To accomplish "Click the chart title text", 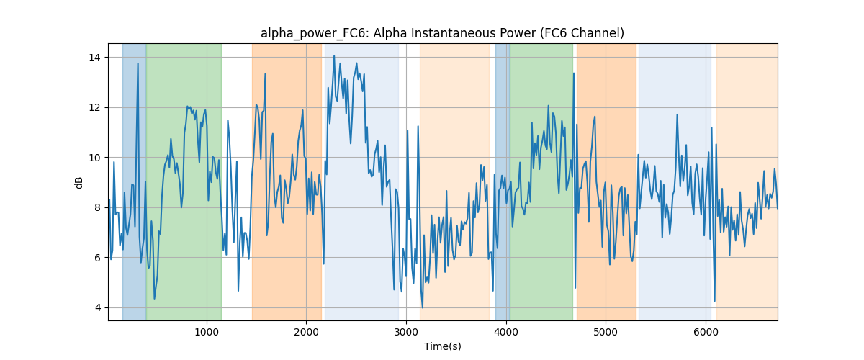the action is [x=442, y=33].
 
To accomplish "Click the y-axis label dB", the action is [x=78, y=183].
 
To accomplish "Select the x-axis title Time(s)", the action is [x=442, y=346].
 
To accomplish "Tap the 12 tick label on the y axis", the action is [x=94, y=108].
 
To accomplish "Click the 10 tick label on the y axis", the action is [x=94, y=158].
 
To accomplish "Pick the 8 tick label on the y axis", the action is [x=98, y=207].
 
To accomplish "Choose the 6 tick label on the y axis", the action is [x=98, y=258].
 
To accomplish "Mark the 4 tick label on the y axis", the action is [x=98, y=308].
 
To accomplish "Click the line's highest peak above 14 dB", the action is [x=334, y=56].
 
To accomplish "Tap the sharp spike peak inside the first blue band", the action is [x=138, y=63].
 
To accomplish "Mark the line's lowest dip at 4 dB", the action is [x=423, y=307].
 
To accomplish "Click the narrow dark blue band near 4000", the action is [x=503, y=182].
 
